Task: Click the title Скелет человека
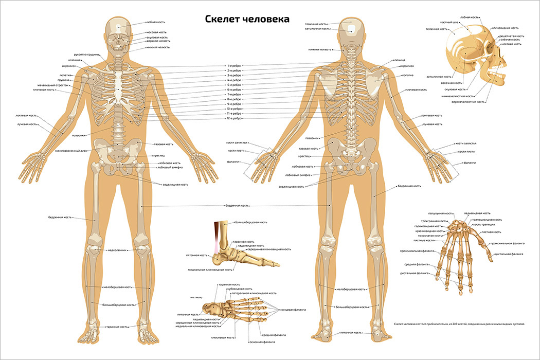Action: pyautogui.click(x=247, y=19)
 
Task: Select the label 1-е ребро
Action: pyautogui.click(x=235, y=66)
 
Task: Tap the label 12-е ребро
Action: pyautogui.click(x=235, y=119)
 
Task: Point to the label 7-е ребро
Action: pyautogui.click(x=235, y=95)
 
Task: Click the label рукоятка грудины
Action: pyautogui.click(x=86, y=54)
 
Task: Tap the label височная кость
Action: pyautogui.click(x=452, y=83)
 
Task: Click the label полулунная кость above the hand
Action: pyautogui.click(x=440, y=213)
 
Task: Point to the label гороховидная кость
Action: pyautogui.click(x=428, y=226)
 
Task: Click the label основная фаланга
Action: pyautogui.click(x=262, y=342)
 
